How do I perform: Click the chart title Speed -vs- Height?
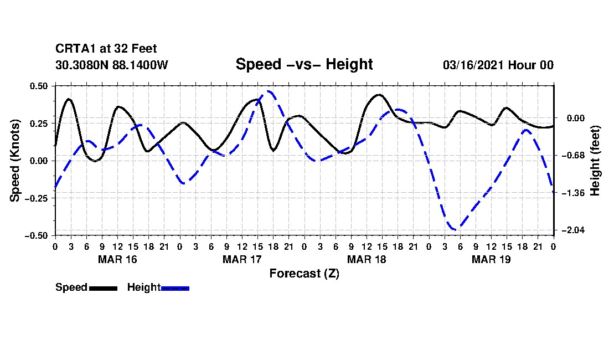(x=304, y=64)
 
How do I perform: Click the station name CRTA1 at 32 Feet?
(x=106, y=49)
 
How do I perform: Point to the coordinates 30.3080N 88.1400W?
(x=112, y=65)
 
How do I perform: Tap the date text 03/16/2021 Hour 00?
(x=498, y=65)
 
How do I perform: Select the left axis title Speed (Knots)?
(x=16, y=160)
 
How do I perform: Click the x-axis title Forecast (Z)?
(x=304, y=274)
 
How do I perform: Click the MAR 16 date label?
(x=117, y=259)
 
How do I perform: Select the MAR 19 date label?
(x=491, y=259)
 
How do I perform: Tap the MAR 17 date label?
(x=242, y=259)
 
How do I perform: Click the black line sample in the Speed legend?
(x=103, y=288)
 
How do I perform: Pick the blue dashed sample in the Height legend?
(x=176, y=288)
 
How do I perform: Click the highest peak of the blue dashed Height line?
(x=269, y=91)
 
